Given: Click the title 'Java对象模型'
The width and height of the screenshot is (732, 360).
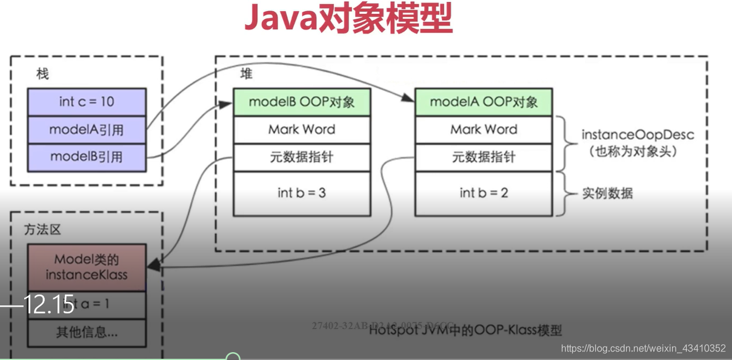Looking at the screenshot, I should click(348, 19).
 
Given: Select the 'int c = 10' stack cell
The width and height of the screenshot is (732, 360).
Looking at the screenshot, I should click(87, 102).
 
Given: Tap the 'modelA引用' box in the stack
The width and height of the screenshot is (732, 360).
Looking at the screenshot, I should click(87, 130).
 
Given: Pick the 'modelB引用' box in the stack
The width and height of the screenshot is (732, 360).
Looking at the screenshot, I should click(87, 157).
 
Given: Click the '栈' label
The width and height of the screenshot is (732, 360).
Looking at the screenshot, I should click(42, 75).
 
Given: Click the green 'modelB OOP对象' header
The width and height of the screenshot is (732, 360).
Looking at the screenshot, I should click(302, 102).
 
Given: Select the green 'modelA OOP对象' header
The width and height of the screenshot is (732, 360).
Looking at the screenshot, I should click(484, 102).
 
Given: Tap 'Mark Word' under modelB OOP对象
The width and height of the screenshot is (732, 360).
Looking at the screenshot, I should click(302, 130).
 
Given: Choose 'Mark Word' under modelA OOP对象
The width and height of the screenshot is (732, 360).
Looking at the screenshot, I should click(484, 130).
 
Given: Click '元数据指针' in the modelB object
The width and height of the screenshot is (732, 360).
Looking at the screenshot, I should click(302, 158).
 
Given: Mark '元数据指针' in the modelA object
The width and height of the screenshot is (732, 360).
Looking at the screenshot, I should click(484, 158).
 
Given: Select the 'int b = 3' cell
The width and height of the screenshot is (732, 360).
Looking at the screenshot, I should click(302, 193).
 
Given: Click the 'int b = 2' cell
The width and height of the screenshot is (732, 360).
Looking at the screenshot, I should click(484, 193).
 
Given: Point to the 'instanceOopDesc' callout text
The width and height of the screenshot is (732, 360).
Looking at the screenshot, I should click(637, 135).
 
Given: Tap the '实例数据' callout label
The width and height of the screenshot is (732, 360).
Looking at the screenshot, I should click(608, 193).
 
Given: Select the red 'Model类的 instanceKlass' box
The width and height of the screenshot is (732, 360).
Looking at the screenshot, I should click(87, 267).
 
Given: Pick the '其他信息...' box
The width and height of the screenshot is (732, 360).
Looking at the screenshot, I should click(87, 332).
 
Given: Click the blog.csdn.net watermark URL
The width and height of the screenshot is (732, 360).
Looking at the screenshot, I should click(643, 348).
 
